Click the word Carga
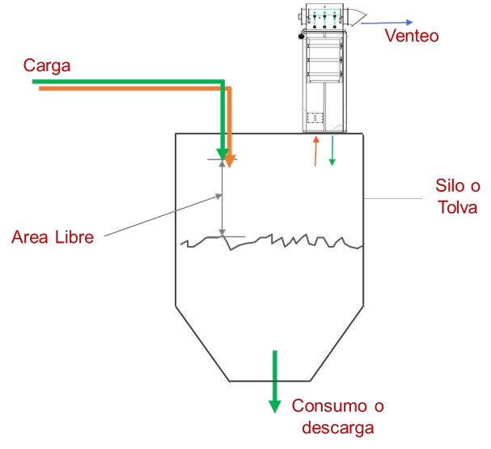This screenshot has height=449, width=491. pyautogui.click(x=47, y=66)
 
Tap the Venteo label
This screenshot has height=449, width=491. pyautogui.click(x=412, y=36)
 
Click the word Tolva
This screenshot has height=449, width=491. pyautogui.click(x=457, y=207)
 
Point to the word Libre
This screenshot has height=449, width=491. pyautogui.click(x=74, y=237)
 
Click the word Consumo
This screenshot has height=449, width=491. pyautogui.click(x=329, y=406)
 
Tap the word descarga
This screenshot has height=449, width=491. pyautogui.click(x=338, y=428)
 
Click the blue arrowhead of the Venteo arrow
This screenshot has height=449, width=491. pyautogui.click(x=409, y=22)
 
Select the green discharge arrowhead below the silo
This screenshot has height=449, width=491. pyautogui.click(x=275, y=406)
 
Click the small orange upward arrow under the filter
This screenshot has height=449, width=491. pyautogui.click(x=315, y=151)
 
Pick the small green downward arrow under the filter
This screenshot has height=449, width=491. pyautogui.click(x=332, y=150)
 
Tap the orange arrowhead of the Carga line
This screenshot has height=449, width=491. pyautogui.click(x=231, y=161)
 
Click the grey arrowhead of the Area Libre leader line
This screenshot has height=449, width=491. pyautogui.click(x=218, y=197)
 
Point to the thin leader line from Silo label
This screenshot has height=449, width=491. pyautogui.click(x=392, y=198)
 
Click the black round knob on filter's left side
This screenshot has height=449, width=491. pyautogui.click(x=301, y=36)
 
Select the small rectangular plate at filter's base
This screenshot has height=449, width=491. pyautogui.click(x=315, y=118)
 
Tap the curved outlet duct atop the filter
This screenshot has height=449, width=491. pyautogui.click(x=358, y=17)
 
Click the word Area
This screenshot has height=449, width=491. pyautogui.click(x=30, y=237)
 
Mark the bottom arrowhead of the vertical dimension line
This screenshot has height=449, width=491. pyautogui.click(x=222, y=233)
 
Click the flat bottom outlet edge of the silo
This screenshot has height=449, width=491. pyautogui.click(x=269, y=381)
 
